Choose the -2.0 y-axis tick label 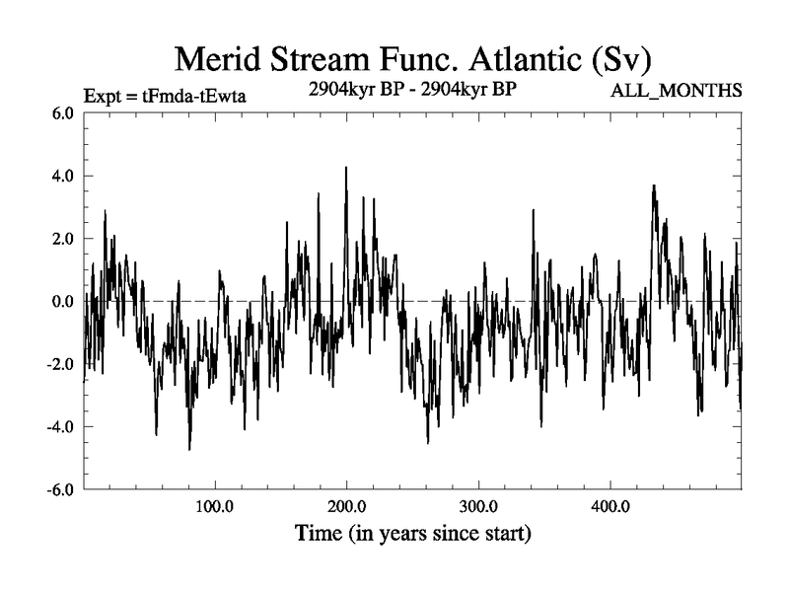(60, 364)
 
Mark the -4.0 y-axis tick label (60, 426)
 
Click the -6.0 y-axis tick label (60, 489)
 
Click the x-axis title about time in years (413, 536)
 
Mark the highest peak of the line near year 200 (346, 168)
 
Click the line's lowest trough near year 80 (189, 449)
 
